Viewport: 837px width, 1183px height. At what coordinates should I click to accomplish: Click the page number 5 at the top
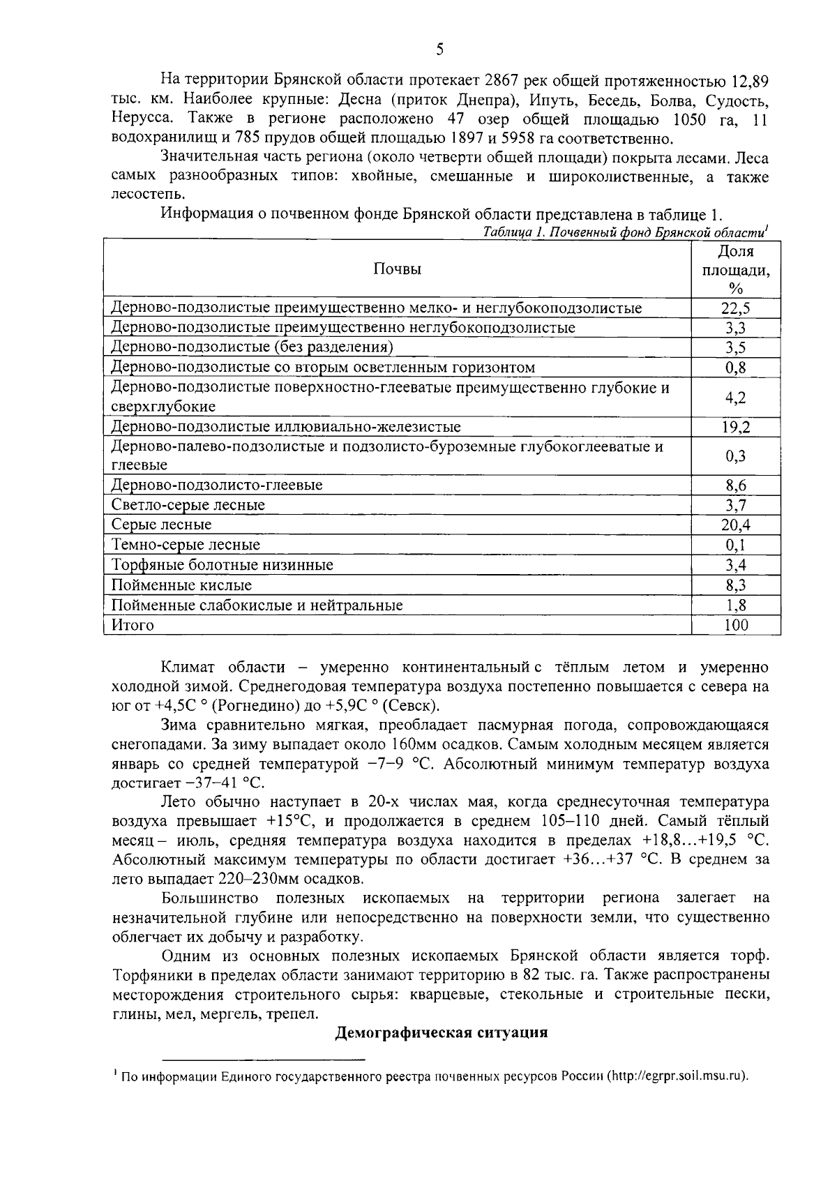(439, 49)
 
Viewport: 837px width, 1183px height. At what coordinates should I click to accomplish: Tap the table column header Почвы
(397, 269)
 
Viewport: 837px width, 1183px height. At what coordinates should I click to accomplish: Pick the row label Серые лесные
(161, 525)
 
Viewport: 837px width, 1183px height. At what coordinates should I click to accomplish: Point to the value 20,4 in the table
(735, 525)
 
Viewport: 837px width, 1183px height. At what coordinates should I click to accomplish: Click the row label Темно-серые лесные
(186, 545)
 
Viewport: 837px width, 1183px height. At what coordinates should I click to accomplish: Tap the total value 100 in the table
(735, 625)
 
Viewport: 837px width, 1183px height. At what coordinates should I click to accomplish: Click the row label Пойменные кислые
(181, 585)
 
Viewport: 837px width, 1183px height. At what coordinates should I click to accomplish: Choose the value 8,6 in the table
(735, 485)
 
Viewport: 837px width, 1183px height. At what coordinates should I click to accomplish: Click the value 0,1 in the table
(735, 545)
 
